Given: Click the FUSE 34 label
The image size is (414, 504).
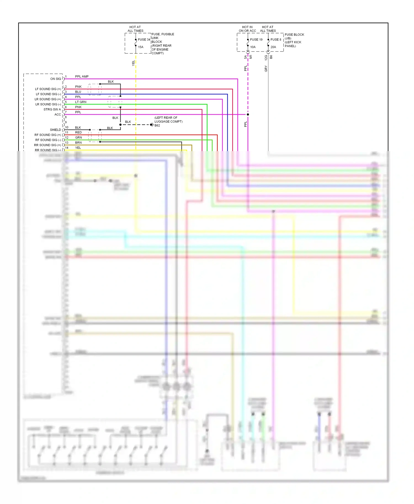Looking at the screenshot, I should click(x=144, y=40).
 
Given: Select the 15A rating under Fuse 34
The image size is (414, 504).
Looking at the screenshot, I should click(x=140, y=47).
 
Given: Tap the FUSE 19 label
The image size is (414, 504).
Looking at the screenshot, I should click(x=256, y=40).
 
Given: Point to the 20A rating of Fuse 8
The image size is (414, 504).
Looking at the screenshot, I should click(x=273, y=47).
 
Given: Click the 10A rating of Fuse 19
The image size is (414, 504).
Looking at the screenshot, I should click(x=253, y=47).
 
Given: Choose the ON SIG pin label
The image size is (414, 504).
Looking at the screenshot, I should click(x=55, y=79).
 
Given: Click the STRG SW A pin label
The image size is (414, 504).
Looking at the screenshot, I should click(x=52, y=109).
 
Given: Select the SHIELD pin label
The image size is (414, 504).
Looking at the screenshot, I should click(x=55, y=130).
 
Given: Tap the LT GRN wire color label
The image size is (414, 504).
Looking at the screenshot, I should click(x=81, y=102).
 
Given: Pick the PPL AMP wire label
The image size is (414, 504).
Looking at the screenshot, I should click(x=82, y=77).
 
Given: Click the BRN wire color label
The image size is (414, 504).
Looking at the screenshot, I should click(x=78, y=143).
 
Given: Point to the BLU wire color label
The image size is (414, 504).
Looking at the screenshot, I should click(x=78, y=92).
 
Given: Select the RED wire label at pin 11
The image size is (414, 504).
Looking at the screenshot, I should click(x=78, y=133).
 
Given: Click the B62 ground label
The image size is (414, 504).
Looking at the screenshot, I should click(x=157, y=125).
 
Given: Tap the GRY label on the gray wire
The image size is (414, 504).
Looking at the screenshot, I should click(x=266, y=69).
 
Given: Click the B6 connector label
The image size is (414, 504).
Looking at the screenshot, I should click(x=271, y=57).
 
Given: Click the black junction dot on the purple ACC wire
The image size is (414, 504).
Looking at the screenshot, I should click(x=248, y=114).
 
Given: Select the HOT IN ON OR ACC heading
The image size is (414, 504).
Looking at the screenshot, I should click(x=247, y=29).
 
